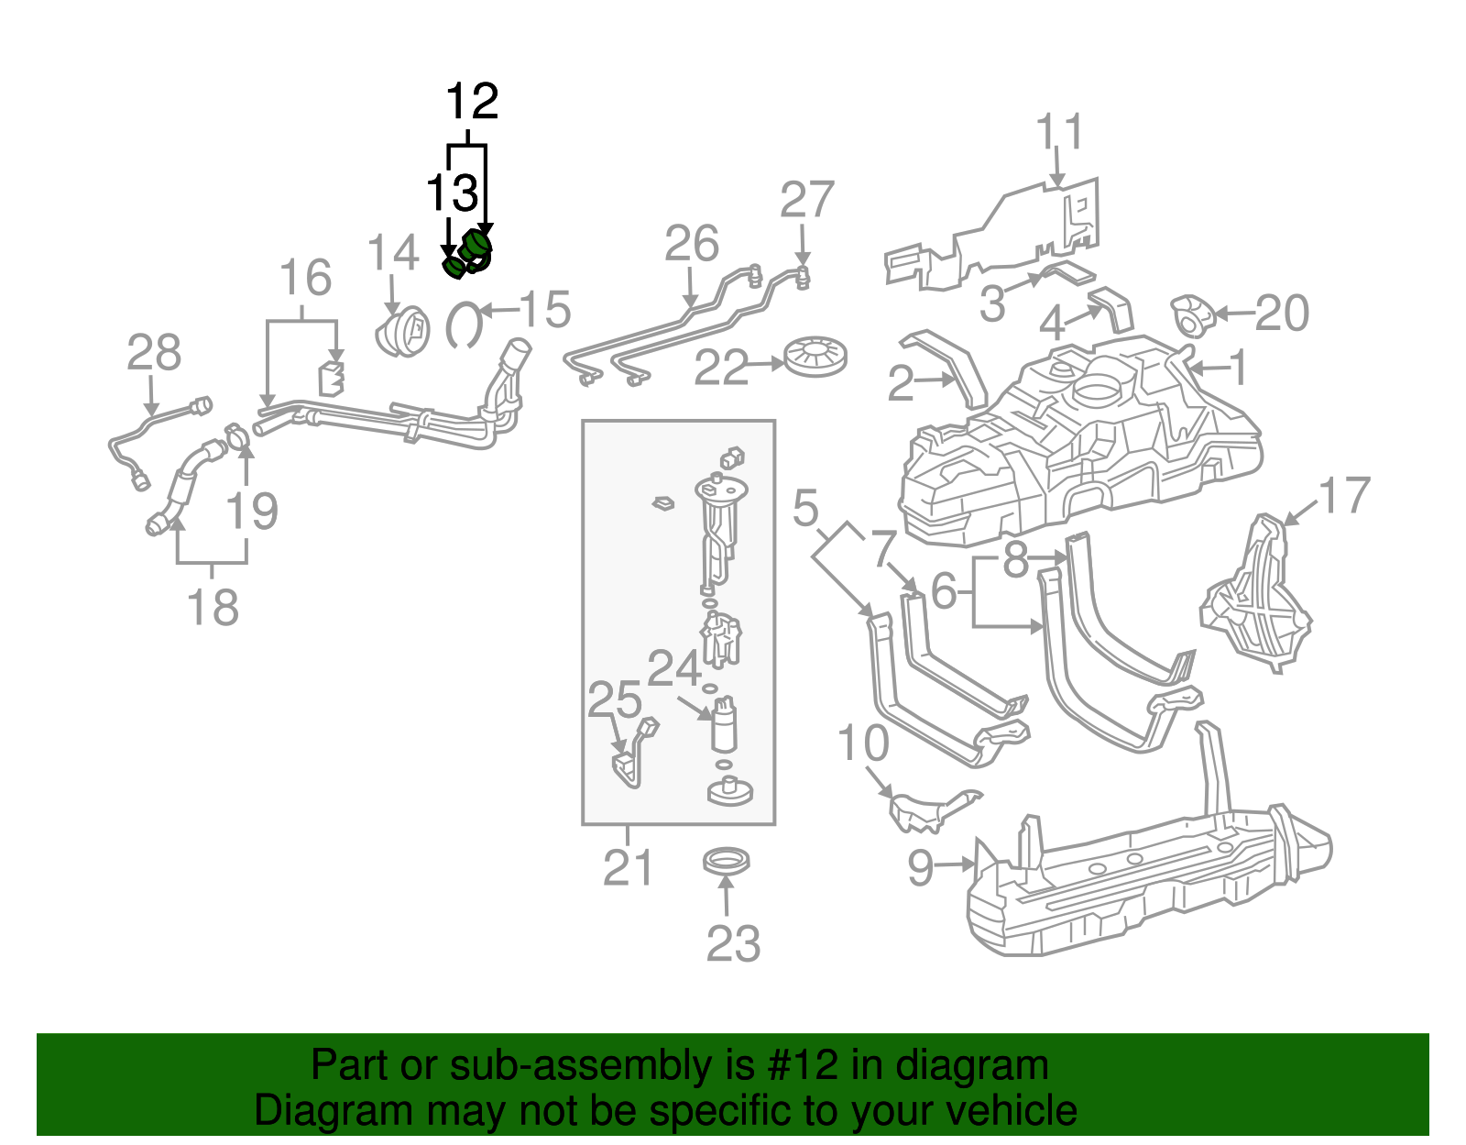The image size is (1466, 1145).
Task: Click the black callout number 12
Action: pyautogui.click(x=472, y=101)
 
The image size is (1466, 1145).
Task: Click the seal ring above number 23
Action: pyautogui.click(x=727, y=862)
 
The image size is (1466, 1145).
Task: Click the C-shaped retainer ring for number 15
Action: pyautogui.click(x=464, y=325)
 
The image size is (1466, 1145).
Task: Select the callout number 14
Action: pyautogui.click(x=393, y=253)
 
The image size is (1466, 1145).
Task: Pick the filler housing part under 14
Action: pyautogui.click(x=403, y=331)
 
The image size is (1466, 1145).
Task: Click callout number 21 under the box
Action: pyautogui.click(x=628, y=867)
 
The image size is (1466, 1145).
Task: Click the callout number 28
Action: pyautogui.click(x=154, y=353)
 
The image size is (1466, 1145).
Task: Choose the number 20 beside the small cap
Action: pyautogui.click(x=1281, y=314)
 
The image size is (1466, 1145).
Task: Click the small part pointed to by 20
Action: pyautogui.click(x=1192, y=315)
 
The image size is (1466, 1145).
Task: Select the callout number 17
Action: pyautogui.click(x=1343, y=496)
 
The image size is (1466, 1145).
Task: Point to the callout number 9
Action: pyautogui.click(x=921, y=866)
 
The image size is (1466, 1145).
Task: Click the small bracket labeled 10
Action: pyautogui.click(x=925, y=808)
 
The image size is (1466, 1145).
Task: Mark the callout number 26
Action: pyautogui.click(x=692, y=244)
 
